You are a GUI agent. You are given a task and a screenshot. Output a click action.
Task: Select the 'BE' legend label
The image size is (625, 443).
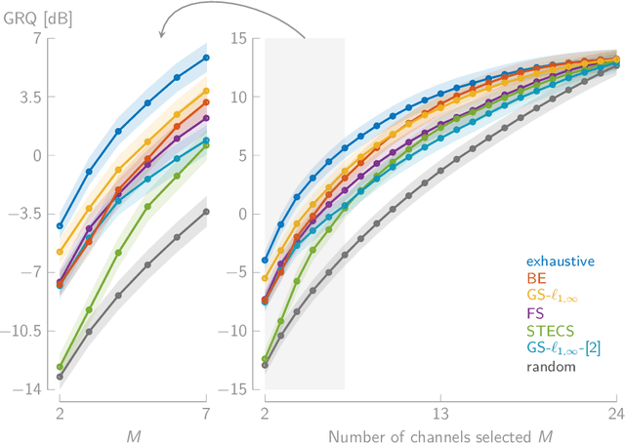click(535, 279)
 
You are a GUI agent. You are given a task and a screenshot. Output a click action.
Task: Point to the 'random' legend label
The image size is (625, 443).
click(549, 367)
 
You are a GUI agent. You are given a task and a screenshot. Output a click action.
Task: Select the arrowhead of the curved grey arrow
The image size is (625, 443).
click(162, 38)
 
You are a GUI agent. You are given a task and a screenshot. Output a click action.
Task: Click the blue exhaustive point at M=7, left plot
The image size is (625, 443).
click(206, 58)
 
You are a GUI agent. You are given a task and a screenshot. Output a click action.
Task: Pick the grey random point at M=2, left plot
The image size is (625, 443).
click(60, 377)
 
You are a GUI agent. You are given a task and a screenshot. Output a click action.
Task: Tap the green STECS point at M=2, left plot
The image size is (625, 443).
click(60, 367)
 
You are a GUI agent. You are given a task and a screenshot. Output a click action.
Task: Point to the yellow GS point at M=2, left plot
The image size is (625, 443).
click(60, 252)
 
